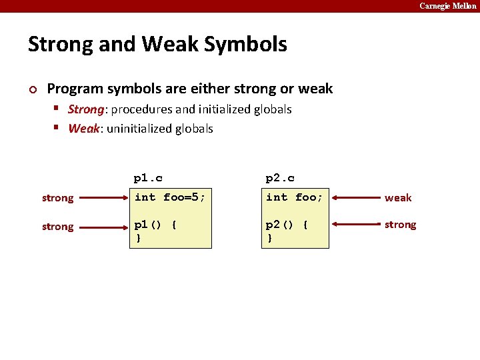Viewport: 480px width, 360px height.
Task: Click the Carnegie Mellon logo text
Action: [447, 6]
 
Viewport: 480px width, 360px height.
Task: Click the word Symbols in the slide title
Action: [245, 45]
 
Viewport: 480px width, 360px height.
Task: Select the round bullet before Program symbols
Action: [32, 89]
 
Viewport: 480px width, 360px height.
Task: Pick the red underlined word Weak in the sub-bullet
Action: [83, 129]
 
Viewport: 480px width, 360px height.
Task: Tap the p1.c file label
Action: [148, 178]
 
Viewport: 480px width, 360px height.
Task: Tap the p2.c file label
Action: [280, 178]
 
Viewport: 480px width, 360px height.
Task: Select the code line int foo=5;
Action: [170, 197]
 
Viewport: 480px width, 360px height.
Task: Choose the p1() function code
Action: [155, 231]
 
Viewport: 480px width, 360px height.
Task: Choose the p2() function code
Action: [287, 231]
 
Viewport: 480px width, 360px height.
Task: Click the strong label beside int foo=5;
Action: [58, 198]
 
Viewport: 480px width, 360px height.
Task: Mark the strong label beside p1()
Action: [58, 227]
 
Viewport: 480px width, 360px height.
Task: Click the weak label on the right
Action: [398, 198]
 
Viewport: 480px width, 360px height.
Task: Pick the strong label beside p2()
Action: [400, 225]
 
